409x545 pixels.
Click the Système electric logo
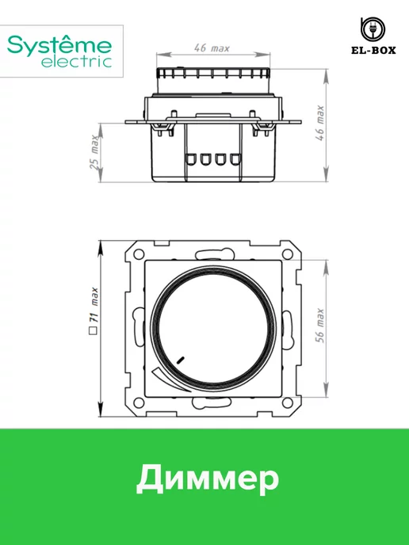59,51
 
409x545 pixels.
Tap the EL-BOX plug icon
373,29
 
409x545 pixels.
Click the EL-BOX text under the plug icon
373,51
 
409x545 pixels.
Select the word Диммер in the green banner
208,478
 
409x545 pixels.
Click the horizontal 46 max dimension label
212,48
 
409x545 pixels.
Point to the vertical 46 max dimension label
319,123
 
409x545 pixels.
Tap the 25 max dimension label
94,152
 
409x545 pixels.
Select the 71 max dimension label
94,306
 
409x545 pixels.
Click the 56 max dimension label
319,326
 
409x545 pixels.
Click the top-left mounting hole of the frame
139,253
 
